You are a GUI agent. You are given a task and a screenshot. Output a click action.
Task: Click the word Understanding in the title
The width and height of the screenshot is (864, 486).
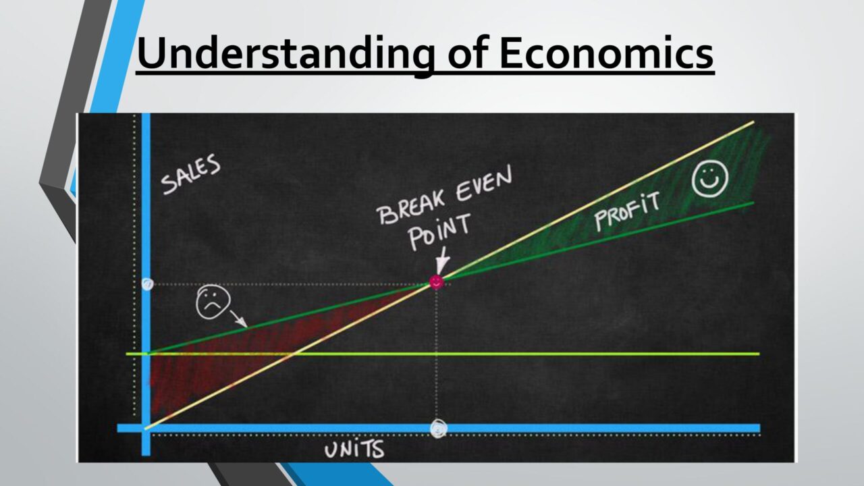click(x=286, y=54)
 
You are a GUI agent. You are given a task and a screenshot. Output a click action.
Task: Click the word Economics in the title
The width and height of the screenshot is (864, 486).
click(x=606, y=53)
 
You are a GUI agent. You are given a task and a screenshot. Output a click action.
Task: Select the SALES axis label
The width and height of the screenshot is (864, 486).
click(x=190, y=174)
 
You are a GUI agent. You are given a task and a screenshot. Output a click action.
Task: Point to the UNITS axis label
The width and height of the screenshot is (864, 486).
click(x=354, y=450)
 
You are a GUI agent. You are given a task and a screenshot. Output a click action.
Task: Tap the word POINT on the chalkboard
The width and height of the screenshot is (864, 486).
click(x=439, y=232)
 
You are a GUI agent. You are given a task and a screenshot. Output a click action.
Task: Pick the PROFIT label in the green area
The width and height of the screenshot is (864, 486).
click(x=627, y=211)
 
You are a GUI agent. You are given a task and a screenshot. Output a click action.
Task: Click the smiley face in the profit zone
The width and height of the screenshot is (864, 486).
click(x=710, y=179)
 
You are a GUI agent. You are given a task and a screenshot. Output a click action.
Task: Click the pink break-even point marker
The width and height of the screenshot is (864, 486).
click(x=436, y=282)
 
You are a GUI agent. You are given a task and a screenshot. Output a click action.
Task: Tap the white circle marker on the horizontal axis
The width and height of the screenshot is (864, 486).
click(x=439, y=428)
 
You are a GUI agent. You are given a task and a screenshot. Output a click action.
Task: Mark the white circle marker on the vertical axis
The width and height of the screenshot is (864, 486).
click(x=147, y=284)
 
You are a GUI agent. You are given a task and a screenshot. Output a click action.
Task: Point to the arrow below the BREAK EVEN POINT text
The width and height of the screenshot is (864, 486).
click(x=442, y=261)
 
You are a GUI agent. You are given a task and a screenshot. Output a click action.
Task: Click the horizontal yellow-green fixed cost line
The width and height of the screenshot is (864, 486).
click(x=443, y=354)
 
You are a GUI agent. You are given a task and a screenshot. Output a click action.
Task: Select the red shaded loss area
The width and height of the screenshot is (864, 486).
click(x=232, y=355)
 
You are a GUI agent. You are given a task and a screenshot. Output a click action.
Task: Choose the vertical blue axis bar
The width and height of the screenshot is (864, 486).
click(x=146, y=284)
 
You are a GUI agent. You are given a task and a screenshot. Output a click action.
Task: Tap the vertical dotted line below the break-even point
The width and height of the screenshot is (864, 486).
click(x=436, y=354)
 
